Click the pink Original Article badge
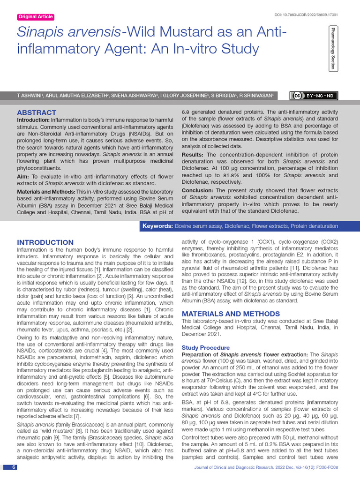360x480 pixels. point(35,17)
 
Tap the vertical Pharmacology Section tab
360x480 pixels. point(333,48)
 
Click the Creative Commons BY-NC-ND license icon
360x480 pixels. point(314,96)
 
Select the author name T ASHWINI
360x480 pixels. point(30,96)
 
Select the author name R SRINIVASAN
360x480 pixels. point(256,96)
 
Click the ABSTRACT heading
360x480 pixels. point(37,113)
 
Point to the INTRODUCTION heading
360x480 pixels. point(45,242)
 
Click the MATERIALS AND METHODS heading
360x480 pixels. point(231,313)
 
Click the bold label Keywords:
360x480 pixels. point(157,226)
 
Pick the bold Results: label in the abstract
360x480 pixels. point(192,155)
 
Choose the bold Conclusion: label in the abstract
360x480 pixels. point(197,190)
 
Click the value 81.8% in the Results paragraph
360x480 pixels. point(240,175)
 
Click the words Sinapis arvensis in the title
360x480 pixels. point(69,32)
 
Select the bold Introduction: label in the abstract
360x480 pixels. point(33,120)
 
